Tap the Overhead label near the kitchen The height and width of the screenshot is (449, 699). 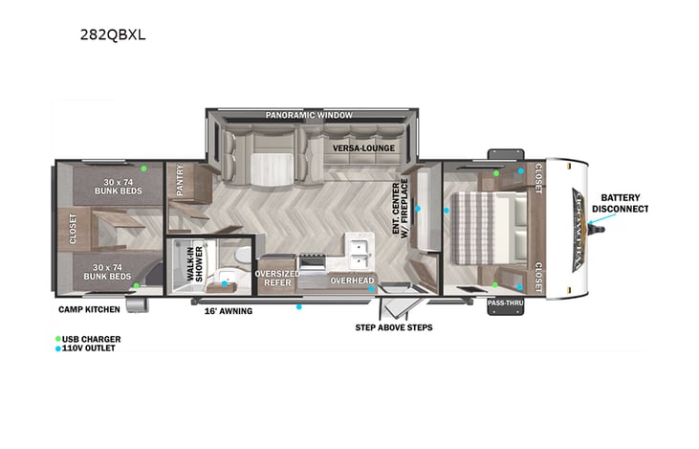(x=351, y=281)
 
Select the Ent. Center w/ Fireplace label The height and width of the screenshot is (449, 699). (x=400, y=210)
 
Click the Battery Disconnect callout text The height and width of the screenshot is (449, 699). (x=620, y=202)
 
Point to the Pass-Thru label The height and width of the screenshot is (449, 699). (x=503, y=303)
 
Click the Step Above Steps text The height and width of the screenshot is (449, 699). (x=393, y=327)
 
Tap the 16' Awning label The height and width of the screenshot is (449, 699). (x=228, y=311)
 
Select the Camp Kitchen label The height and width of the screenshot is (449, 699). (x=88, y=309)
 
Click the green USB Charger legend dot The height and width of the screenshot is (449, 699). (x=60, y=339)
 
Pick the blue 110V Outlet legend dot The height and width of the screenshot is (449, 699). (x=60, y=348)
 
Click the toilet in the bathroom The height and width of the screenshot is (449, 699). (x=244, y=255)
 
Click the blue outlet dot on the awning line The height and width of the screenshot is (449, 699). (x=299, y=307)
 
